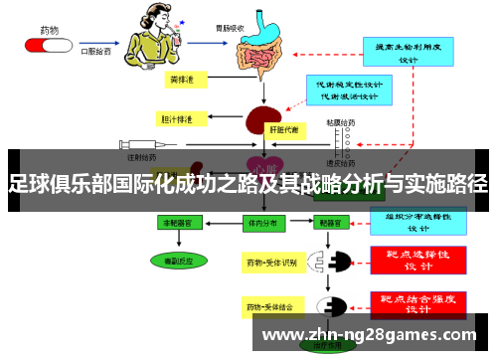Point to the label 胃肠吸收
click(x=258, y=13)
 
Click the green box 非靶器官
click(x=181, y=224)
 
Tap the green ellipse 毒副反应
click(x=181, y=260)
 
